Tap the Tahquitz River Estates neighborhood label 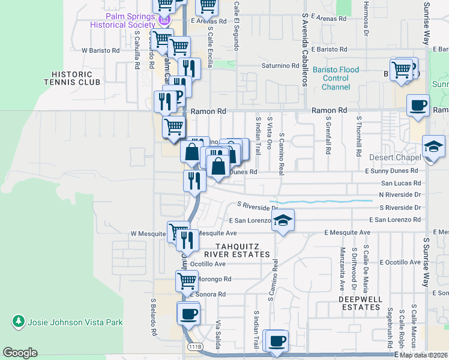click(243, 251)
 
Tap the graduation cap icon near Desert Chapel click(433, 147)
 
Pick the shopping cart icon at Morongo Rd click(187, 280)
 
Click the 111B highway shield click(194, 347)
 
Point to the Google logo click(20, 353)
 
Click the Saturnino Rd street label click(280, 65)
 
